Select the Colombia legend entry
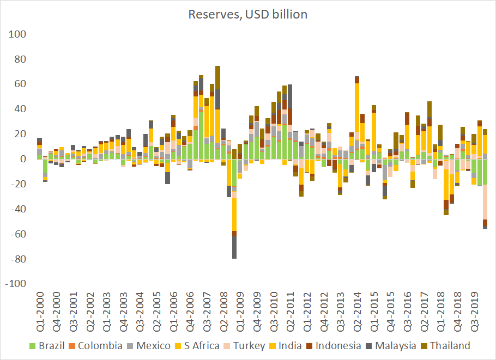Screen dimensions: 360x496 pos(102,345)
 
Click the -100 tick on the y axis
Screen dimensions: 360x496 pos(17,284)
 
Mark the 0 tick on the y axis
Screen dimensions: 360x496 pos(23,159)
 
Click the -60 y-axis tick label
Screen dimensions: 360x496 pos(19,234)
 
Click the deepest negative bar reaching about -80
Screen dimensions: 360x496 pos(234,247)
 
